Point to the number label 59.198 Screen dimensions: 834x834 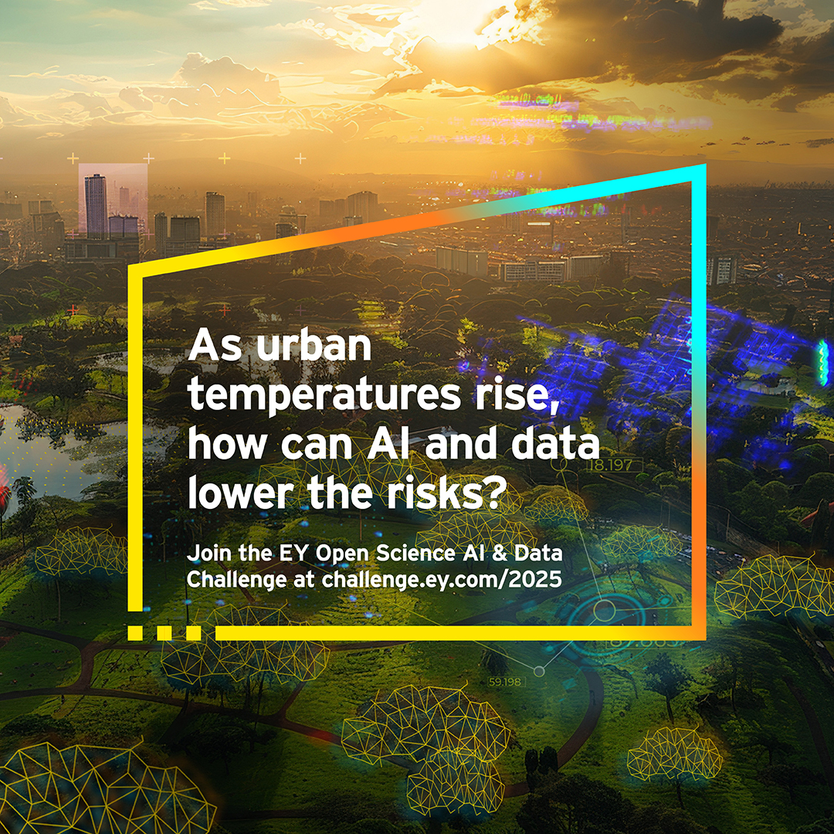(505, 682)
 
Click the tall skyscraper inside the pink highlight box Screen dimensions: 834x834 (96, 205)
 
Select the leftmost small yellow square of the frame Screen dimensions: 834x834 (134, 633)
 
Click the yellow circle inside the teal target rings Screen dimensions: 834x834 (604, 611)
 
